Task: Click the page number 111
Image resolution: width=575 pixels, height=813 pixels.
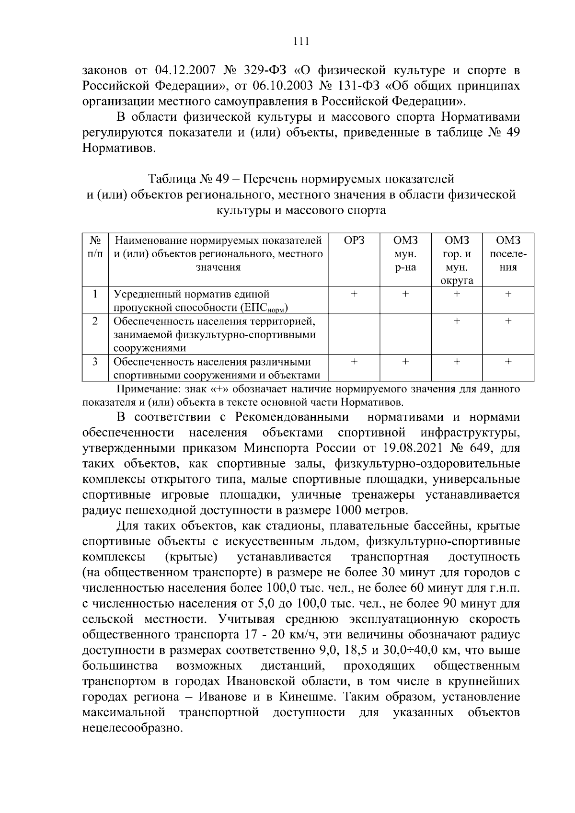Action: coord(300,41)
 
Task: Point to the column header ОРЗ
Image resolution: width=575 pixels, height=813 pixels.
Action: coord(354,240)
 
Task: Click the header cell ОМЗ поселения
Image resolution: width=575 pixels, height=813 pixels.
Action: coord(508,254)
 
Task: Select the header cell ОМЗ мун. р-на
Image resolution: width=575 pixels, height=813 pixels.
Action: coord(405,254)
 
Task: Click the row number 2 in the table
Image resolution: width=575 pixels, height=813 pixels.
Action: coord(95,321)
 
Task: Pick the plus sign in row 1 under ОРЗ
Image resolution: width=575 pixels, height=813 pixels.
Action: coord(354,294)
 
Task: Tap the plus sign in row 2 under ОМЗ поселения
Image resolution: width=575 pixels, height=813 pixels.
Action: coord(508,321)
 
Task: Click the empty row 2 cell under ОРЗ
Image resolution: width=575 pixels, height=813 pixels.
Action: coord(354,333)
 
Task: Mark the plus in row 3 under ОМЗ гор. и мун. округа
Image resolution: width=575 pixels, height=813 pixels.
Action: coord(457,362)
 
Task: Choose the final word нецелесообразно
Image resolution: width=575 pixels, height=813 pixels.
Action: coord(133,728)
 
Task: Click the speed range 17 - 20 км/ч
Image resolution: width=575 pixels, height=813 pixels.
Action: coord(277,635)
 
